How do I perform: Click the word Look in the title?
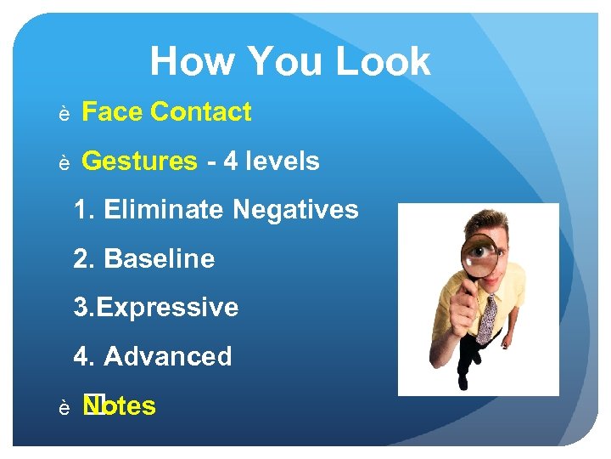(x=384, y=62)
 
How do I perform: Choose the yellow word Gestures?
(x=139, y=161)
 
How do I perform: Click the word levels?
(x=284, y=161)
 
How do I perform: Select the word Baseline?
(x=160, y=258)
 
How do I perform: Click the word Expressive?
(x=168, y=307)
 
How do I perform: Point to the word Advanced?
(x=168, y=356)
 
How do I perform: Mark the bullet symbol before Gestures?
(x=64, y=163)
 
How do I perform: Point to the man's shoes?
(x=462, y=380)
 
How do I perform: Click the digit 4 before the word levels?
(x=230, y=161)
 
